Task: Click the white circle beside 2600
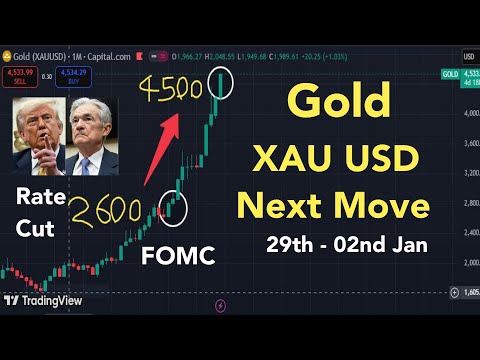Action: click(x=176, y=205)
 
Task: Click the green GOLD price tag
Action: click(x=451, y=73)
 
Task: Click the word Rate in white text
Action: click(x=39, y=197)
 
